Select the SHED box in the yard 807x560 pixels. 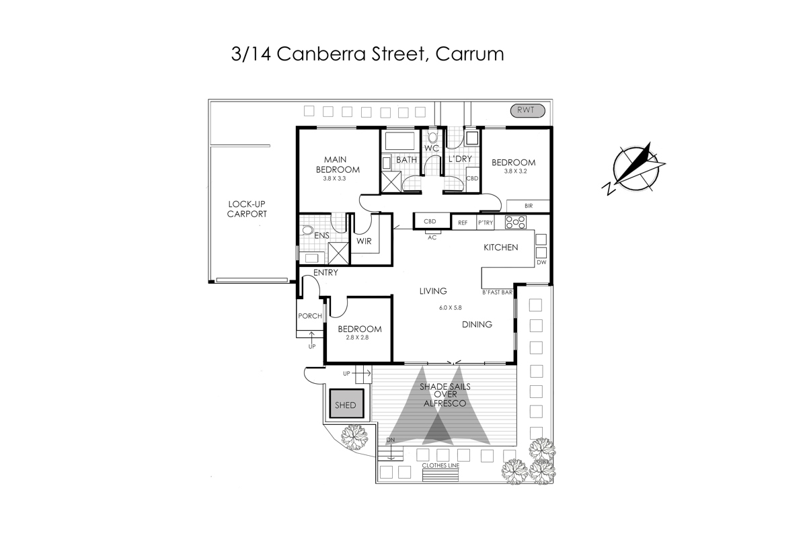point(346,405)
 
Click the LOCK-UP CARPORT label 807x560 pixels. point(247,209)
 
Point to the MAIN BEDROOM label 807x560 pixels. point(338,165)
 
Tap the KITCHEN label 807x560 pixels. point(501,247)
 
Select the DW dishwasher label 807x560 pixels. point(541,263)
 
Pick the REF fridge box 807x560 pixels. point(463,222)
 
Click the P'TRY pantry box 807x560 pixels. point(485,222)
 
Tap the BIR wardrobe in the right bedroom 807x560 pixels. point(528,206)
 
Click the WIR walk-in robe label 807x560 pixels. point(364,241)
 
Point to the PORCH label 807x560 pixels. point(309,316)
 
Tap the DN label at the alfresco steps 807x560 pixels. point(390,440)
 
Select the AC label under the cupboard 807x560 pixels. point(432,237)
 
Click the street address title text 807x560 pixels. point(367,54)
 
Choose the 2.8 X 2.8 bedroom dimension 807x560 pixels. point(359,338)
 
